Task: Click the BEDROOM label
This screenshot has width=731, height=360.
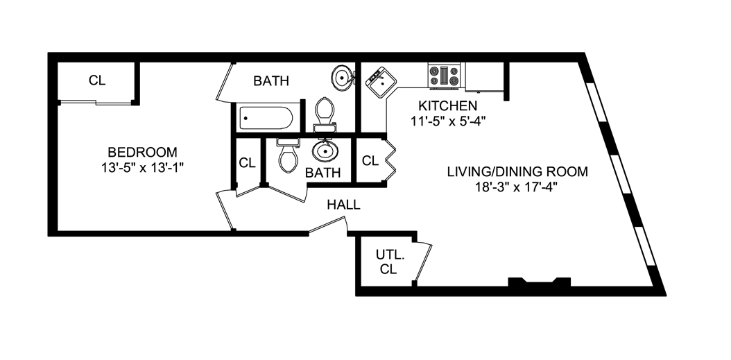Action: pyautogui.click(x=141, y=152)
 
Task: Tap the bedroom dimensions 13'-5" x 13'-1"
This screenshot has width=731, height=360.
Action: pyautogui.click(x=141, y=167)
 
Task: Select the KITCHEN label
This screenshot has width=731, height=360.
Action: pyautogui.click(x=447, y=106)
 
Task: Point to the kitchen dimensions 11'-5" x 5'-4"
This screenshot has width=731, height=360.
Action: pyautogui.click(x=447, y=121)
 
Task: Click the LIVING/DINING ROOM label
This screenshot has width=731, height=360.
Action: pyautogui.click(x=517, y=171)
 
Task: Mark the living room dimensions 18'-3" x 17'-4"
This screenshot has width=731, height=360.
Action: pyautogui.click(x=517, y=187)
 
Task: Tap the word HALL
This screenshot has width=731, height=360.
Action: pyautogui.click(x=343, y=205)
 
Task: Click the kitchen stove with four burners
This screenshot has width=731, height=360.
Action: pyautogui.click(x=445, y=76)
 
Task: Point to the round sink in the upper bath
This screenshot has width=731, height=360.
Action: pyautogui.click(x=342, y=78)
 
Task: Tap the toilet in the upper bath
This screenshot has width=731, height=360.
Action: pyautogui.click(x=325, y=114)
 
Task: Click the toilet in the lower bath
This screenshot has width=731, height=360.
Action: pyautogui.click(x=287, y=155)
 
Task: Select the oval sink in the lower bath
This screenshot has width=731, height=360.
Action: pyautogui.click(x=324, y=150)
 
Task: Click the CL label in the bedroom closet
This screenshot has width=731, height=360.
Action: pyautogui.click(x=97, y=80)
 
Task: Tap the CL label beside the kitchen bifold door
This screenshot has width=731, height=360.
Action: pyautogui.click(x=370, y=161)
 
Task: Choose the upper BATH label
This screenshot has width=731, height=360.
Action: pyautogui.click(x=270, y=81)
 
